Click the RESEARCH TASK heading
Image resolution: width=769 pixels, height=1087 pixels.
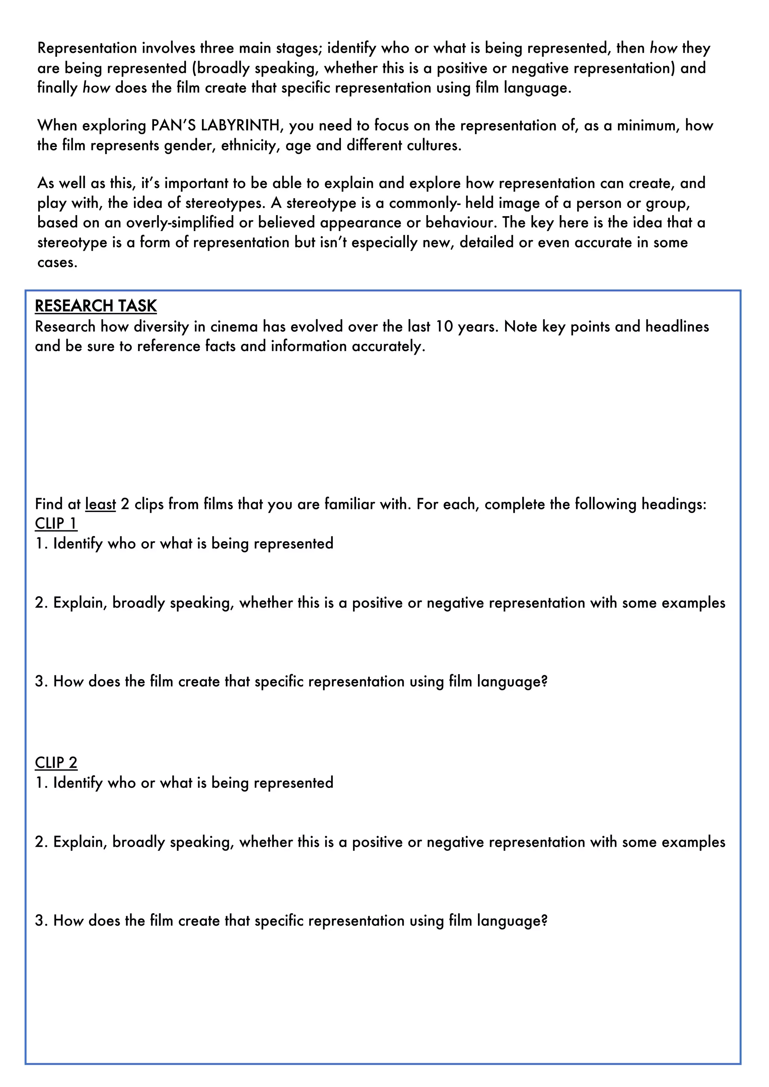96,306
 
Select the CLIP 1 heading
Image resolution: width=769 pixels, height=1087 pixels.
56,523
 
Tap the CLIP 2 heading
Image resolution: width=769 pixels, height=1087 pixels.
56,762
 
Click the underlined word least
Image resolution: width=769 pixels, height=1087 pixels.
100,504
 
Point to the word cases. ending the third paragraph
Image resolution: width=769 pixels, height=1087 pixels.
57,262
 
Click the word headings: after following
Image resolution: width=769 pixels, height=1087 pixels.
673,504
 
